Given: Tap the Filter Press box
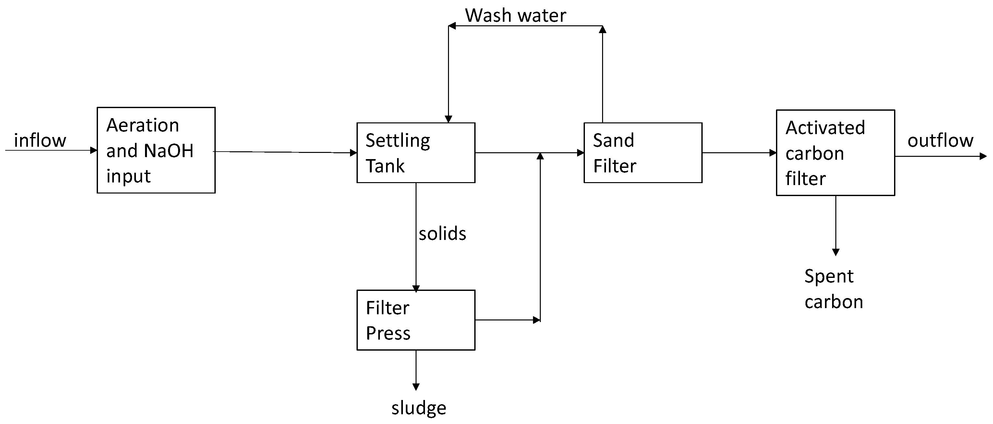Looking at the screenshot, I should (x=416, y=320).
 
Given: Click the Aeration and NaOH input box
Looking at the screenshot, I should (x=156, y=150).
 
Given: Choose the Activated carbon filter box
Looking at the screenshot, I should (x=835, y=153).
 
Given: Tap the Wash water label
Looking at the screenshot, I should (x=515, y=16).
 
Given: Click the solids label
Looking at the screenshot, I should (x=442, y=233).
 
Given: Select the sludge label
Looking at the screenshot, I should (x=418, y=408).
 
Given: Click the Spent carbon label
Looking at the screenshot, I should (x=833, y=289).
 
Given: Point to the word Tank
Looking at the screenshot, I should (x=385, y=166).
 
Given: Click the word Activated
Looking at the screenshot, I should (x=825, y=127).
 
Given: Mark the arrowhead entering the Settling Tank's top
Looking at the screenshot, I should (x=448, y=119).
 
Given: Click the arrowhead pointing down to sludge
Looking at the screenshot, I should (x=416, y=387).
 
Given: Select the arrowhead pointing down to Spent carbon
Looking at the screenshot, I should (x=835, y=252).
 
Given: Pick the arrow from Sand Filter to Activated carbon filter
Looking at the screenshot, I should (x=738, y=153).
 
